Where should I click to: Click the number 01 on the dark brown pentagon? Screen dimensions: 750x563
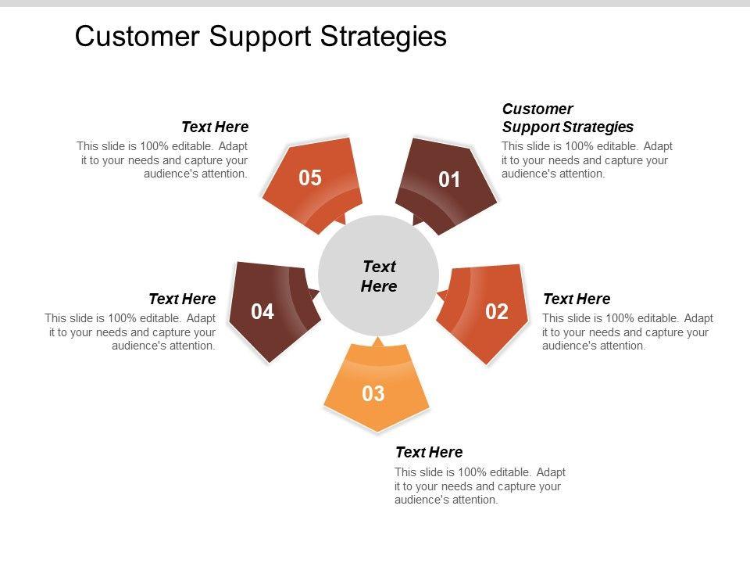(449, 181)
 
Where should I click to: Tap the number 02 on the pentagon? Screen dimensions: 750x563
(497, 312)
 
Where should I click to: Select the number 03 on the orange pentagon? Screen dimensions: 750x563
(373, 394)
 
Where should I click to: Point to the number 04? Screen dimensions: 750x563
(262, 312)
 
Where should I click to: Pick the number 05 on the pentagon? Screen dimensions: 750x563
(310, 178)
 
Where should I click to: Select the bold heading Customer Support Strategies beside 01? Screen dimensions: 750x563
(567, 118)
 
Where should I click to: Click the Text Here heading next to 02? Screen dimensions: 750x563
(577, 299)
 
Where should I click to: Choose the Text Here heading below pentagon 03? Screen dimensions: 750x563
(429, 452)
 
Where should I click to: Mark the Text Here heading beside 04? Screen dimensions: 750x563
(182, 299)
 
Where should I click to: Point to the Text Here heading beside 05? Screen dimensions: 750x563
(215, 127)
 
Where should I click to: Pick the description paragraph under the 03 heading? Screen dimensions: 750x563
(480, 486)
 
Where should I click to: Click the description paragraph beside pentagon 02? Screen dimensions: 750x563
(627, 332)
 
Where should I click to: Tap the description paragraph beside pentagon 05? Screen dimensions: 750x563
(162, 160)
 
